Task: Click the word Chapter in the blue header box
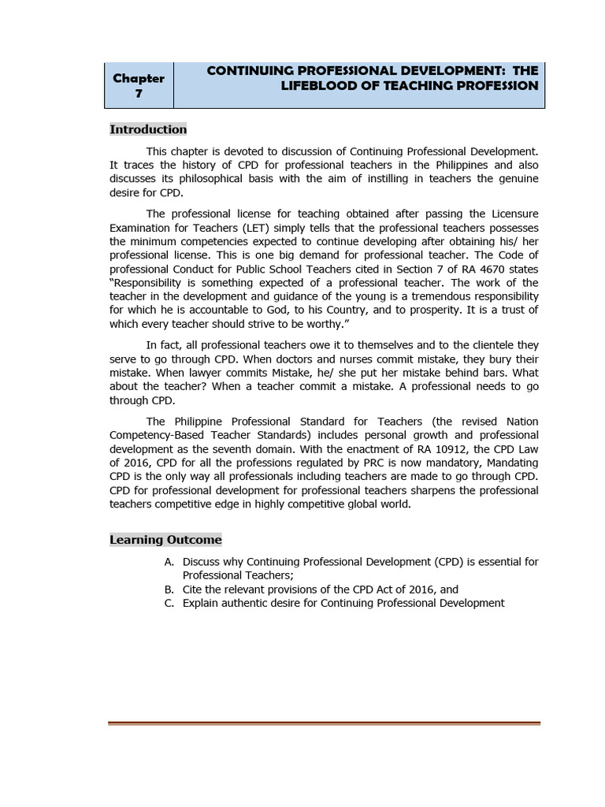point(139,78)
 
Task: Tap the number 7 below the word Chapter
point(139,94)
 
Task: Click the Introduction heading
point(148,129)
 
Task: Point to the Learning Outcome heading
point(165,540)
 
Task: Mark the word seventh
point(209,449)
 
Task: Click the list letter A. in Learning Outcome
point(169,562)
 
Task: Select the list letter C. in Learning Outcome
point(169,603)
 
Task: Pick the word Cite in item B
point(194,589)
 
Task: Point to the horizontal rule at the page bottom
point(324,723)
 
